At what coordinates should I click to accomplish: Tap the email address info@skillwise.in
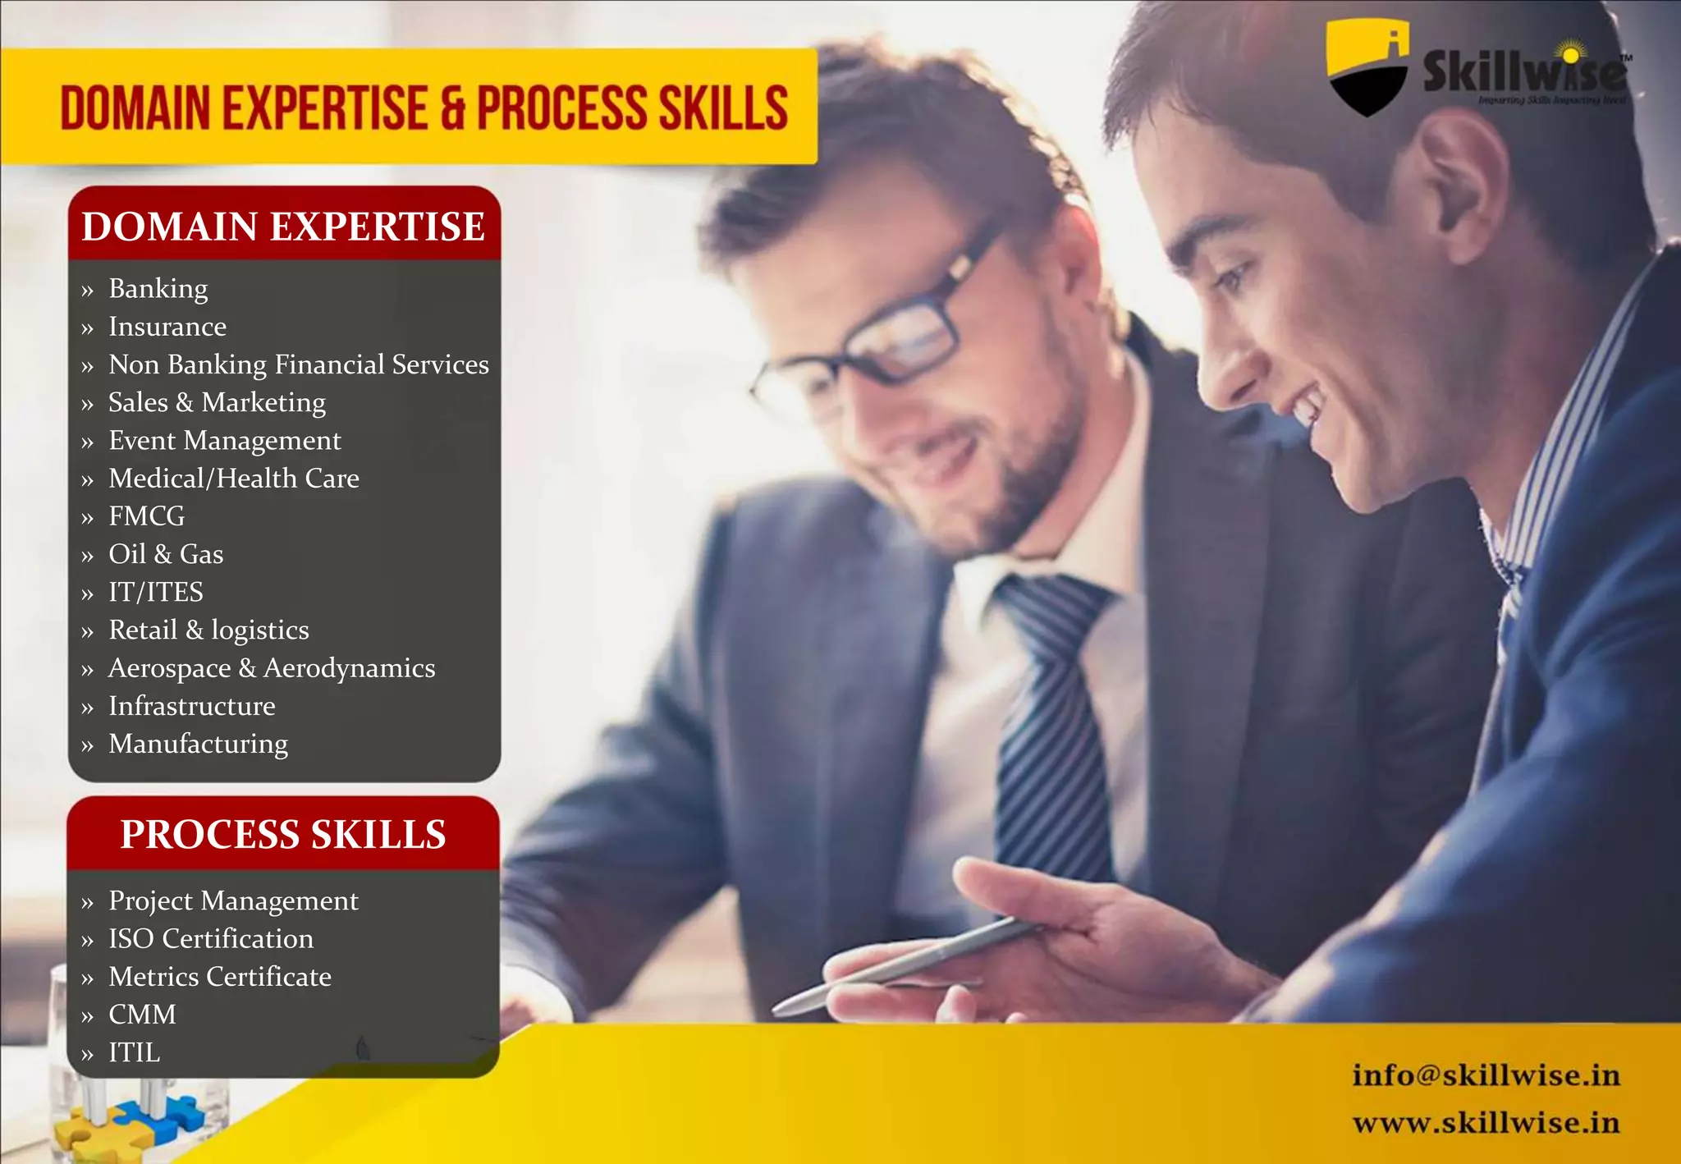[1486, 1075]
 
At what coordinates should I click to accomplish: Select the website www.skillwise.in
[1486, 1122]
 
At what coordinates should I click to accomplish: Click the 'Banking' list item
[158, 289]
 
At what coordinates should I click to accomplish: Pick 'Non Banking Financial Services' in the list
[298, 364]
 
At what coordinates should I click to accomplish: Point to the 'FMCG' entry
[147, 516]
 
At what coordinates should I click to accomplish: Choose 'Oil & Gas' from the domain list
[166, 554]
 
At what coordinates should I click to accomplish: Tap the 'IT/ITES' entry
[156, 592]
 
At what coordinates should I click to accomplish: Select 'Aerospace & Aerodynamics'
[272, 668]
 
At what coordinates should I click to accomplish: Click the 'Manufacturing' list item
[199, 744]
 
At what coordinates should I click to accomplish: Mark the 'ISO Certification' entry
[211, 938]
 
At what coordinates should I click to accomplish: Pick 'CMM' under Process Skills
[142, 1015]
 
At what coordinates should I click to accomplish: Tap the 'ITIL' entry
[135, 1052]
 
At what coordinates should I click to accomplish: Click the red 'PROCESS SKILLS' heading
[283, 834]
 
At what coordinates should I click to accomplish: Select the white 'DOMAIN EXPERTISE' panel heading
[283, 227]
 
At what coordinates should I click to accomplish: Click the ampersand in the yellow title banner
[452, 109]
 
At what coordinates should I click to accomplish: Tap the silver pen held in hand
[903, 965]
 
